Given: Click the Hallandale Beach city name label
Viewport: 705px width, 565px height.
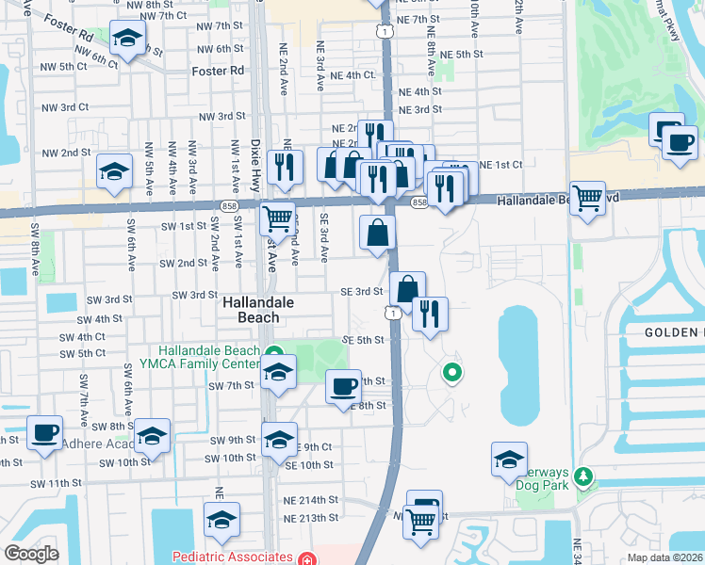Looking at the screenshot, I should pos(258,310).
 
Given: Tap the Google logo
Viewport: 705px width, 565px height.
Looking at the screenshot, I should pos(31,553).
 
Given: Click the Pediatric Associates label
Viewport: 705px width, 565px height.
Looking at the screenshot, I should pos(230,557).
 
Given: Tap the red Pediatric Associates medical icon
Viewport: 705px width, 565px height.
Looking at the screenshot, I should pos(304,557).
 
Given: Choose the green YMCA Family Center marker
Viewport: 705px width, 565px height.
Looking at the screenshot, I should pos(274,353).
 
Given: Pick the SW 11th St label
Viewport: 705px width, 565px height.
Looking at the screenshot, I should pos(53,483).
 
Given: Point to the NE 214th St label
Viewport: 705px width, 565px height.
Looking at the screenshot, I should pos(313,500).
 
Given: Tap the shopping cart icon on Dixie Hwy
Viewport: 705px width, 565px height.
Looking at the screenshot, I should pos(277,218).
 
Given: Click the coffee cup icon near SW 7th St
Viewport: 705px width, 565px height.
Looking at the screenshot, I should pos(342,384).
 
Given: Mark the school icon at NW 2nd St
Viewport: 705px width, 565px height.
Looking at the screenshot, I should pos(114,170).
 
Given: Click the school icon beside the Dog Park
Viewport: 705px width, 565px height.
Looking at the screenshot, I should pos(509,459).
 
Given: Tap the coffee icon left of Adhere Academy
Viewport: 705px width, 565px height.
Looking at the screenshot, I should pos(44,431).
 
